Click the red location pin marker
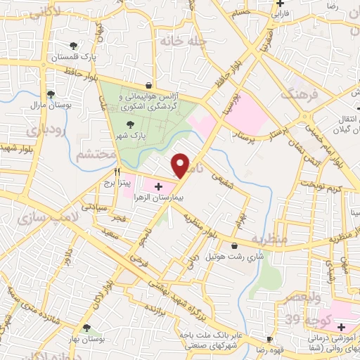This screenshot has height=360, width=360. click(181, 165)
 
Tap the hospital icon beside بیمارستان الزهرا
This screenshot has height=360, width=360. click(159, 186)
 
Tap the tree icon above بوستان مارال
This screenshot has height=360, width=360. click(51, 94)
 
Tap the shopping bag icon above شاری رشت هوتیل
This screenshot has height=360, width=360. click(234, 246)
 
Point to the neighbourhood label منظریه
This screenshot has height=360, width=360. click(271, 239)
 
